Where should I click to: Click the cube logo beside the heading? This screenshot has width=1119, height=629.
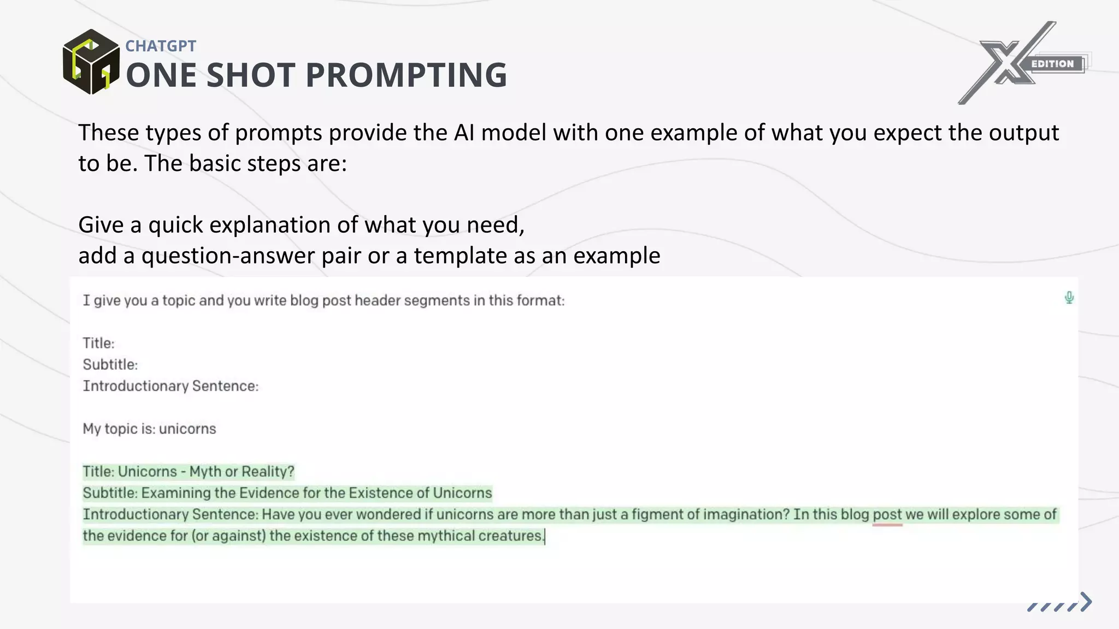tap(91, 62)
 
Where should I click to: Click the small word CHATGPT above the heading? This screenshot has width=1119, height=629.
tap(161, 46)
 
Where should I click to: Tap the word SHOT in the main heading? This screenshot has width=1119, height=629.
tap(251, 75)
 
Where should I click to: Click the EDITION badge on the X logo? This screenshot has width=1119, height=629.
tap(1052, 64)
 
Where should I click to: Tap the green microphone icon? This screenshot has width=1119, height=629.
tap(1069, 298)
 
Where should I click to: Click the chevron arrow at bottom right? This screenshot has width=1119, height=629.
tap(1086, 602)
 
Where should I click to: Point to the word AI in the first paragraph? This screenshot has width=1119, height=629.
tap(464, 133)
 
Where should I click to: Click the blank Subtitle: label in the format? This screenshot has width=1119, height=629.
tap(110, 365)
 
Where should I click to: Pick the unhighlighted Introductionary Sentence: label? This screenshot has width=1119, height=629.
tap(170, 386)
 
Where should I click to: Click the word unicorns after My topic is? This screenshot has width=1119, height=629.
tap(187, 429)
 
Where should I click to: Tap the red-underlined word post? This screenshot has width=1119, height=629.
tap(887, 514)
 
